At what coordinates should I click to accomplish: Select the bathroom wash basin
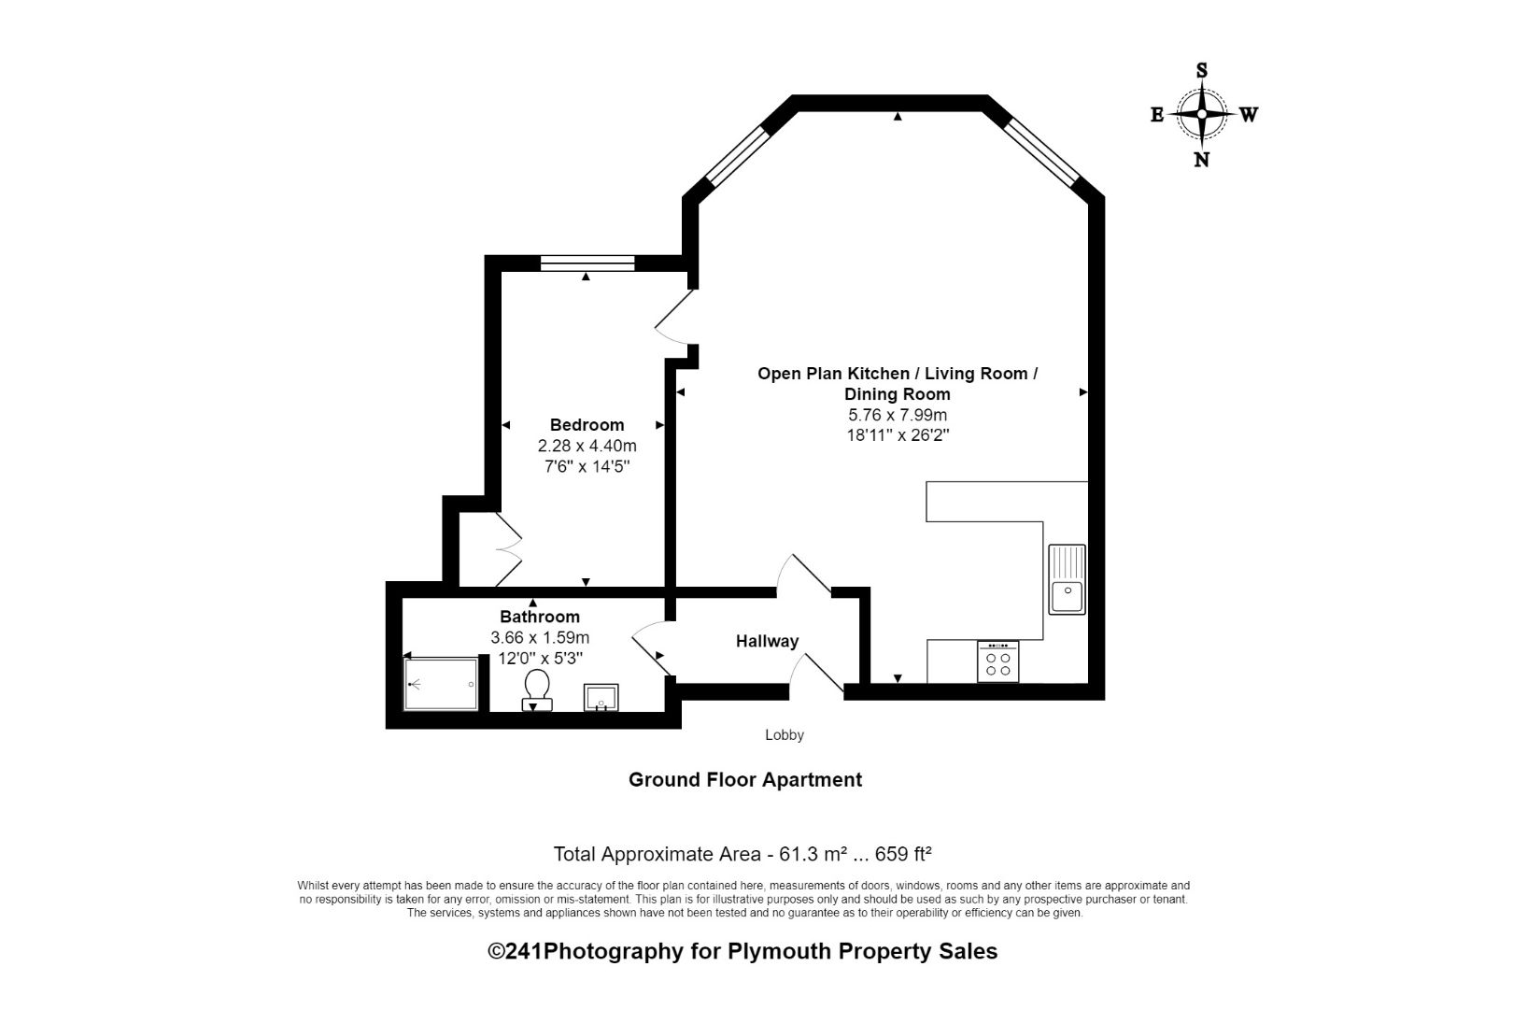pos(601,697)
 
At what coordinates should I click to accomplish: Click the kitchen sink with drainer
pos(1067,579)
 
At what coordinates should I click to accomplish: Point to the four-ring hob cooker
pos(998,661)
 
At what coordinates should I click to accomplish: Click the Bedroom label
pos(587,425)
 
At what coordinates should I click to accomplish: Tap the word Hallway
pos(767,641)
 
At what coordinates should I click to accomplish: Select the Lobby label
pos(785,735)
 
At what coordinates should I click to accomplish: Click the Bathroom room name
pos(540,617)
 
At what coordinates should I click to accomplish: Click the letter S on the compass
pos(1202,70)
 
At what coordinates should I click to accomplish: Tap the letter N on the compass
pos(1202,160)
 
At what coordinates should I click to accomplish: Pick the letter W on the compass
pos(1249,115)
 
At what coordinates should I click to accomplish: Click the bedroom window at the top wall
pos(587,263)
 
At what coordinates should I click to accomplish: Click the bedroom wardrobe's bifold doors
pos(509,549)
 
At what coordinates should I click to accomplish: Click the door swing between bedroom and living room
pos(674,319)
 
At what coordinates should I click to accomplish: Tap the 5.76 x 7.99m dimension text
pos(897,415)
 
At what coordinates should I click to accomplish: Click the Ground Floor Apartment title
pos(744,780)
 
